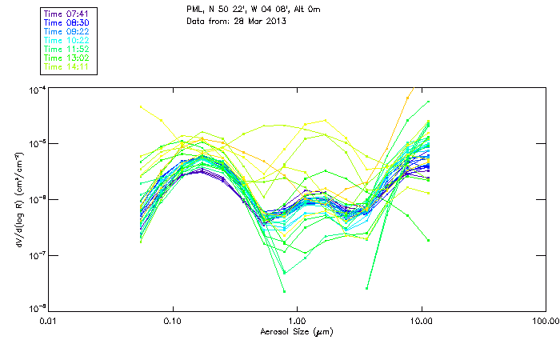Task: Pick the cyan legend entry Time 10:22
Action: tap(67, 41)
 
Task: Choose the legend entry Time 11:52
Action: tap(67, 50)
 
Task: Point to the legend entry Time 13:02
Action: tap(67, 58)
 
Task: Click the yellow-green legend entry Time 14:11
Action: tap(67, 67)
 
